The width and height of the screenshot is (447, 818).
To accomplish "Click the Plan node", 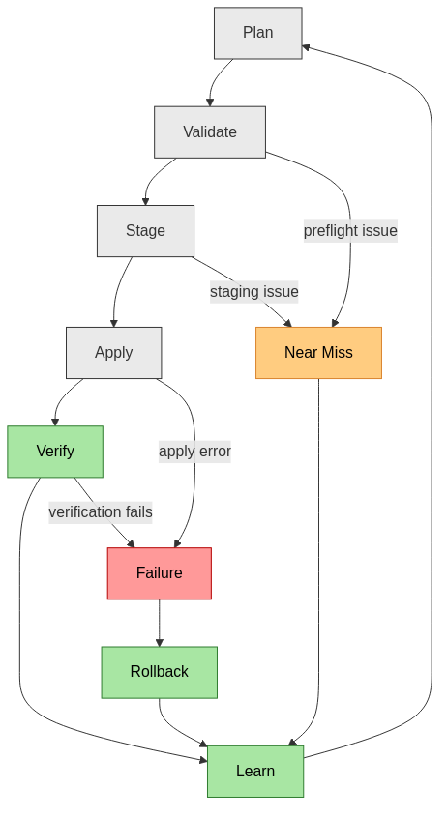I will click(x=257, y=33).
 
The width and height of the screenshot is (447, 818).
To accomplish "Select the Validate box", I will click(x=209, y=132).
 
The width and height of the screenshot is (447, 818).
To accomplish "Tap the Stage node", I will click(x=145, y=231).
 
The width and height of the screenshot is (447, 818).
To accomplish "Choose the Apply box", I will click(x=113, y=353).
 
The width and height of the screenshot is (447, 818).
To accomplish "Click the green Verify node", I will click(x=55, y=452).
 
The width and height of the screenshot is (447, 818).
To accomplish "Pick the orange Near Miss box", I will click(x=318, y=353).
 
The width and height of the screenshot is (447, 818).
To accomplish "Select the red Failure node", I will click(x=159, y=573).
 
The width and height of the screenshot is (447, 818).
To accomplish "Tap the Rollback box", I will click(x=159, y=672).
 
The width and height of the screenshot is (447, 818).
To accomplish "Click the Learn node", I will click(x=255, y=772).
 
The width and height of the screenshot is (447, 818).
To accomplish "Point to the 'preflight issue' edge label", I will click(x=350, y=231).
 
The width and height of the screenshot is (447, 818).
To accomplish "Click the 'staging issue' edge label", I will click(x=253, y=291).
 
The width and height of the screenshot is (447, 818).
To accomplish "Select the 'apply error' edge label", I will click(x=194, y=451).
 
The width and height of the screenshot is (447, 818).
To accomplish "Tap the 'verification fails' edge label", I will click(x=101, y=512).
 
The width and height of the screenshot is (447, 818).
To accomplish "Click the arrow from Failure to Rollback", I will click(x=159, y=623).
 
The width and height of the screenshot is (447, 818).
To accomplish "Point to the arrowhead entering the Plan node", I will click(x=307, y=46).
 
